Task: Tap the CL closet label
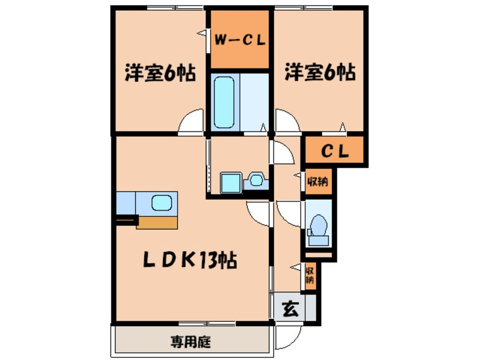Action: point(332,152)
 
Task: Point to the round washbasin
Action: point(256,181)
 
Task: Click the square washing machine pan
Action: point(231,182)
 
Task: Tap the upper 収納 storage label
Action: point(318,182)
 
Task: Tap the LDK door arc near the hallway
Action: point(259,215)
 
